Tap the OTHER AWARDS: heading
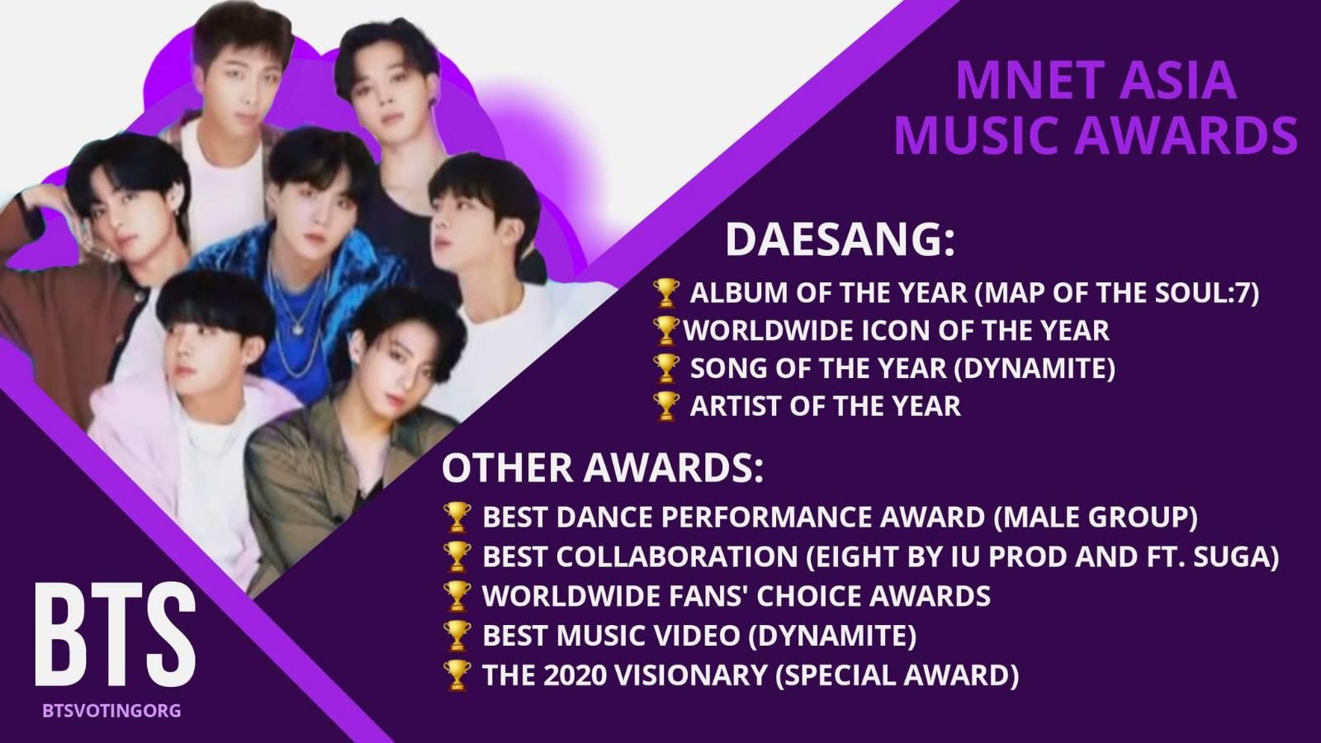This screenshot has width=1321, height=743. [x=602, y=467]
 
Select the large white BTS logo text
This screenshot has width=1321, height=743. [x=115, y=635]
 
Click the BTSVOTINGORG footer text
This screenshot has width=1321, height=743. [x=111, y=711]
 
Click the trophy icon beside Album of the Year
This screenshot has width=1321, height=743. [x=666, y=293]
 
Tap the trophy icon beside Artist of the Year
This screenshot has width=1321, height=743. [x=666, y=406]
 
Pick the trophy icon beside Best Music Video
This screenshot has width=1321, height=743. [x=457, y=636]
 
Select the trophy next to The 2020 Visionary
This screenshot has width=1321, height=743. [x=457, y=676]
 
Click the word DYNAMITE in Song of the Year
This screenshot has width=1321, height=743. [x=1035, y=368]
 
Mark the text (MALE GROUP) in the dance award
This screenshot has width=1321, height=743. [x=1096, y=517]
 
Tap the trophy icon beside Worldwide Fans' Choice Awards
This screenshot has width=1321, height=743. [x=457, y=596]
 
